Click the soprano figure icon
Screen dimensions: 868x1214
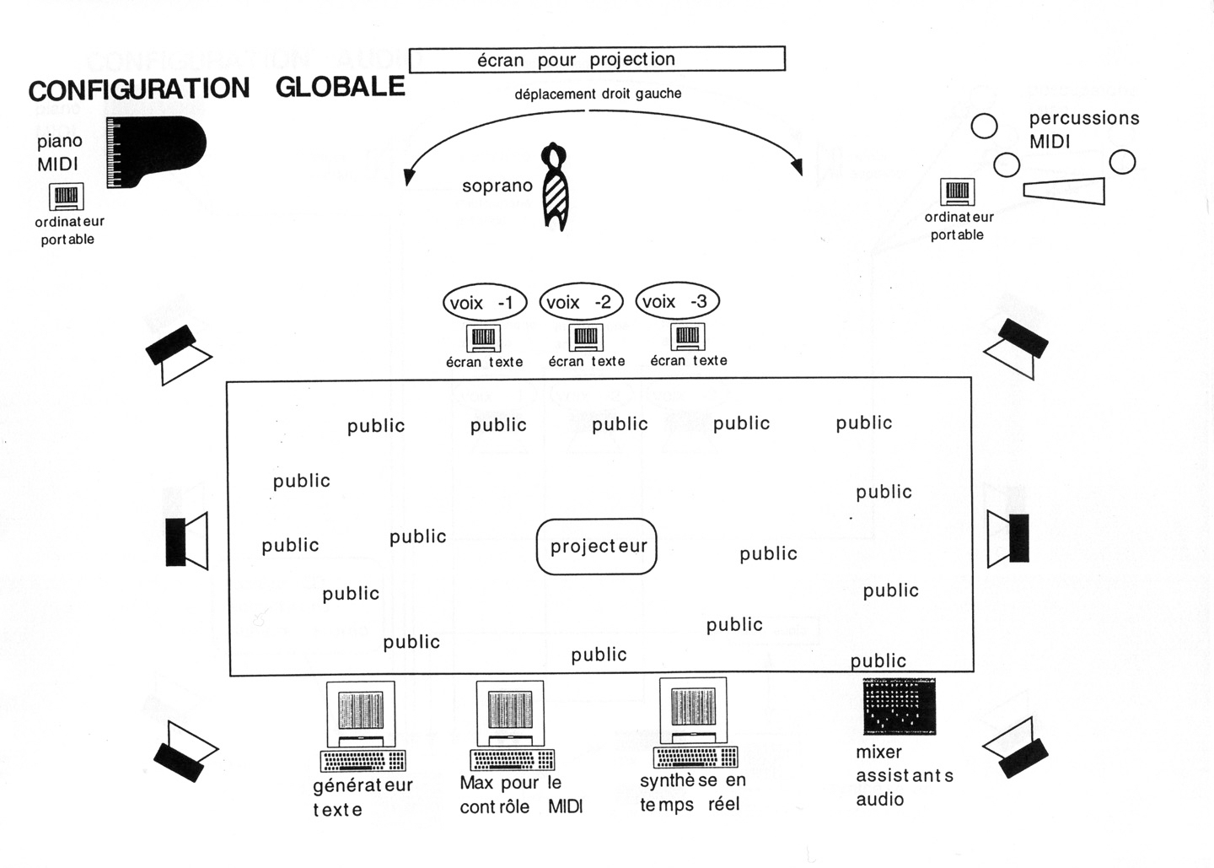coord(556,187)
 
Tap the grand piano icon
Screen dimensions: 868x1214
coord(155,151)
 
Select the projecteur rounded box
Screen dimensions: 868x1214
coord(597,547)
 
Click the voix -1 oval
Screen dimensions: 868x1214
coord(484,303)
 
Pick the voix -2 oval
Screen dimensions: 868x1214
coord(581,302)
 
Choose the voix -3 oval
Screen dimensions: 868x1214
coord(676,301)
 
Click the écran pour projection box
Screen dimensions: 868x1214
coord(597,60)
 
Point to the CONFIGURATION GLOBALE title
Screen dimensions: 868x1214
coord(217,89)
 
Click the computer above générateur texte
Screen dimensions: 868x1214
coord(363,725)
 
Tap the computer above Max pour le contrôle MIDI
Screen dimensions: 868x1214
coord(512,725)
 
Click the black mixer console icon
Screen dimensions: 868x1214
coord(900,705)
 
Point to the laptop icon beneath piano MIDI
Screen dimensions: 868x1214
coord(66,197)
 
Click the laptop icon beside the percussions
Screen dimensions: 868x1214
coord(957,192)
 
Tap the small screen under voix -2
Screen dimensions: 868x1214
coord(586,338)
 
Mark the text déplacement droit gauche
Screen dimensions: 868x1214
coord(598,94)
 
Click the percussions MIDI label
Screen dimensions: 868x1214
coord(1083,130)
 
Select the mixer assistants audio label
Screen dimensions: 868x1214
coord(904,775)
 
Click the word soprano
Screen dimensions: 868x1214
coord(497,186)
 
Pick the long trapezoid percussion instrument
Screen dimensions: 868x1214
coord(1065,191)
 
